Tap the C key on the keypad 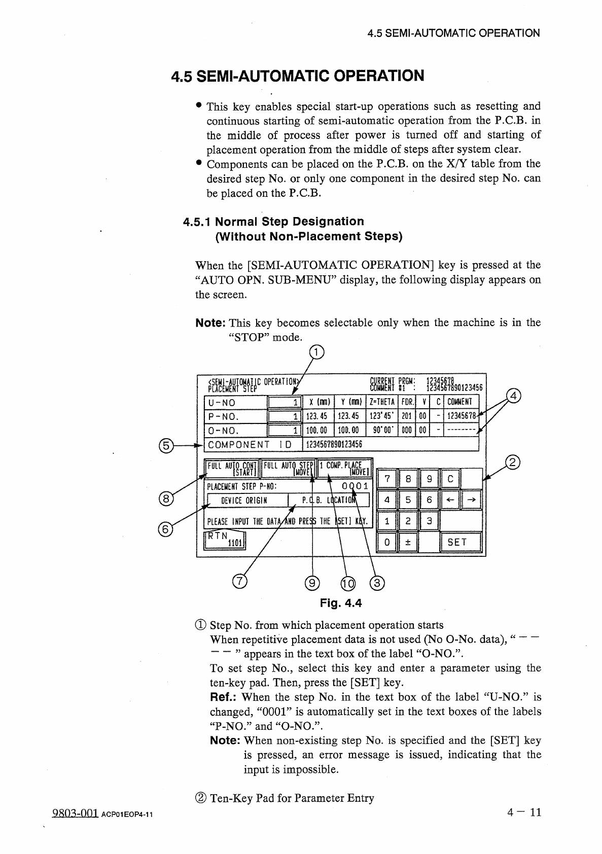(x=451, y=478)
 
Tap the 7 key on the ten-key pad (x=387, y=478)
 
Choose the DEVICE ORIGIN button (x=247, y=501)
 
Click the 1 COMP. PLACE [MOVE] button (x=345, y=469)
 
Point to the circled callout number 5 (x=165, y=446)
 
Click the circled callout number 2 (x=513, y=462)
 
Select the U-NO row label (x=222, y=403)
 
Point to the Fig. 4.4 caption (x=341, y=603)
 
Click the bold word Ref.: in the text (x=224, y=697)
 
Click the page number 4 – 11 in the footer (x=524, y=812)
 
